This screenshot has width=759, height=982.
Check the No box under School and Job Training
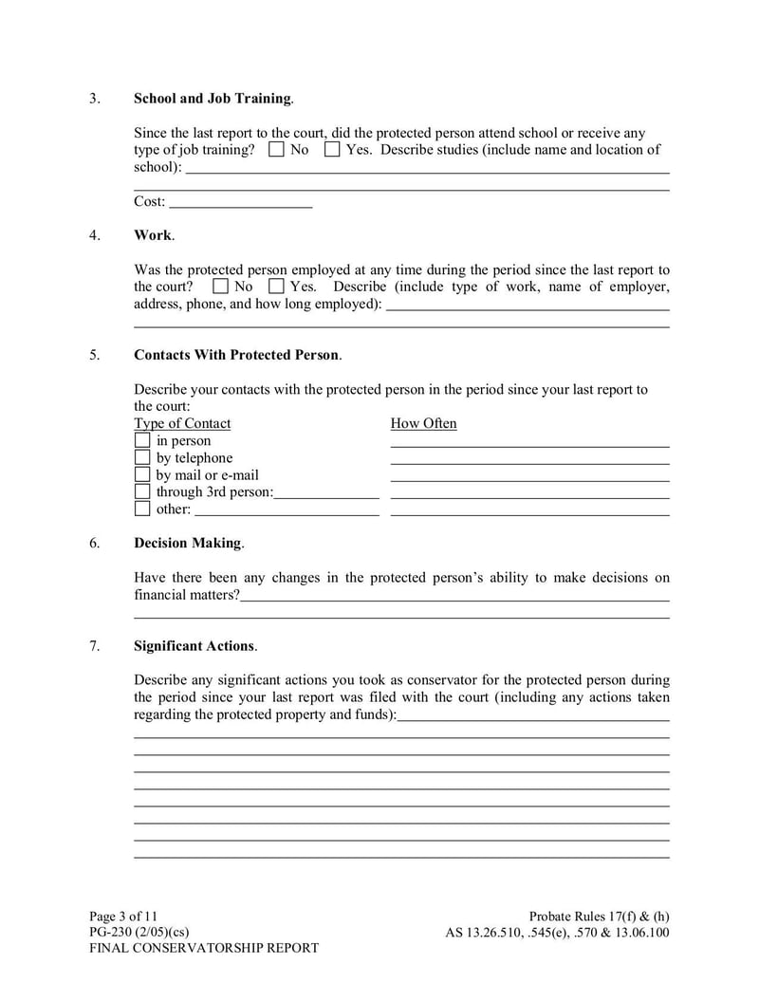click(x=276, y=150)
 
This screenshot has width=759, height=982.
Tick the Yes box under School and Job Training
click(x=332, y=150)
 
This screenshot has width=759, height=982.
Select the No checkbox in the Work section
click(x=220, y=287)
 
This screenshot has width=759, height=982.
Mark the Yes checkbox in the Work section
click(x=276, y=287)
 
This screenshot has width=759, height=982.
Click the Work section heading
click(x=153, y=235)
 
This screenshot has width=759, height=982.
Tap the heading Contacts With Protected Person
click(x=236, y=355)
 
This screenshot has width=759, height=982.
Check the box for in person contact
click(x=142, y=441)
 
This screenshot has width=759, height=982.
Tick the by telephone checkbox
click(x=142, y=458)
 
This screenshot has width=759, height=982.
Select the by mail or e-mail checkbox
click(x=142, y=475)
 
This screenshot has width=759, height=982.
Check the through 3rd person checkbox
click(x=142, y=492)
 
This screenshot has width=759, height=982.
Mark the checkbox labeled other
click(x=142, y=510)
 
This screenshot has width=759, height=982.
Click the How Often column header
click(x=423, y=424)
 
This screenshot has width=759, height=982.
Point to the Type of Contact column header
click(x=182, y=424)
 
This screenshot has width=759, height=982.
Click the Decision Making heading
click(x=188, y=544)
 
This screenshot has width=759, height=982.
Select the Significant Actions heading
click(x=194, y=646)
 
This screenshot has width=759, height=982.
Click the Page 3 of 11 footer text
click(x=123, y=916)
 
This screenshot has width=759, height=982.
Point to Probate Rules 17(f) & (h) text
click(x=599, y=916)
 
